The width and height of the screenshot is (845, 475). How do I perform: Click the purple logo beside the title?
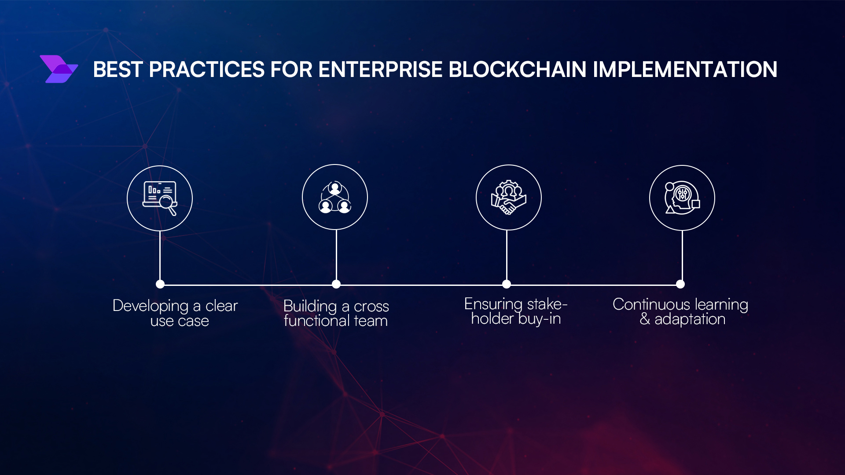click(x=59, y=69)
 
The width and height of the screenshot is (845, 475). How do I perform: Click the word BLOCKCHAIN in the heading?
click(x=518, y=69)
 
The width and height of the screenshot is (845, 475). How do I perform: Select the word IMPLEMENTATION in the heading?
click(x=685, y=69)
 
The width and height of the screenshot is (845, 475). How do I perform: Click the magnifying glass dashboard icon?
click(x=160, y=198)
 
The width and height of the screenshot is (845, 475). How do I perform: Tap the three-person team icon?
click(x=335, y=197)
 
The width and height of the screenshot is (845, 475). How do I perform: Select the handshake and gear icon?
click(x=508, y=197)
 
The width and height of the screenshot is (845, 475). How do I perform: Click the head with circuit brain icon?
click(x=682, y=198)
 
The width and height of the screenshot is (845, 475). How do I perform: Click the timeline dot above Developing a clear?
click(x=160, y=284)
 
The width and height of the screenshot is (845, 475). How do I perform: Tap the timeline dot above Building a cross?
click(x=336, y=284)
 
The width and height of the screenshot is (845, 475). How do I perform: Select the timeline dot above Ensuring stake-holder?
click(x=507, y=284)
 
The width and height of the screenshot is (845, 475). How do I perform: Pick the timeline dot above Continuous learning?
click(x=680, y=284)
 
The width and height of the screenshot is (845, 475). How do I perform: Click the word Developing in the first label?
click(x=151, y=306)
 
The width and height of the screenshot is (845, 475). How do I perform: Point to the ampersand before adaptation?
click(x=645, y=319)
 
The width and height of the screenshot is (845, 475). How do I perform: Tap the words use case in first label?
click(x=180, y=321)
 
